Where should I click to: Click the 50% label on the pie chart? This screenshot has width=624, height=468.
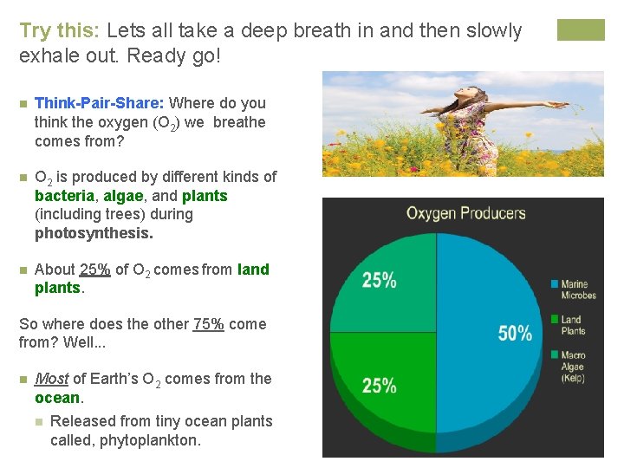click(515, 333)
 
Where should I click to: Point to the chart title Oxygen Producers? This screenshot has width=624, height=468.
click(465, 213)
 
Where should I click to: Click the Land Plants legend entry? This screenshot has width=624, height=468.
click(572, 325)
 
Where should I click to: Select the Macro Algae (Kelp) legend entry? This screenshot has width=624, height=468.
click(573, 367)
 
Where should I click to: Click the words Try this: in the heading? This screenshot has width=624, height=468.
click(60, 31)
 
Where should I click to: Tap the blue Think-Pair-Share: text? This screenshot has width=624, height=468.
click(100, 103)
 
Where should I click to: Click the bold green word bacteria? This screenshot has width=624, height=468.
click(64, 196)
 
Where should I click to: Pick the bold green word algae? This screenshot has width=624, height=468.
click(123, 196)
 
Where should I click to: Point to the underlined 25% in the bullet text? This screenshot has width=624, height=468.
click(94, 270)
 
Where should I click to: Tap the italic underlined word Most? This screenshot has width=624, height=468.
click(51, 379)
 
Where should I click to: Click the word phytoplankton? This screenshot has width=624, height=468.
click(150, 440)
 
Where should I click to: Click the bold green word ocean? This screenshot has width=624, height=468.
click(57, 398)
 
